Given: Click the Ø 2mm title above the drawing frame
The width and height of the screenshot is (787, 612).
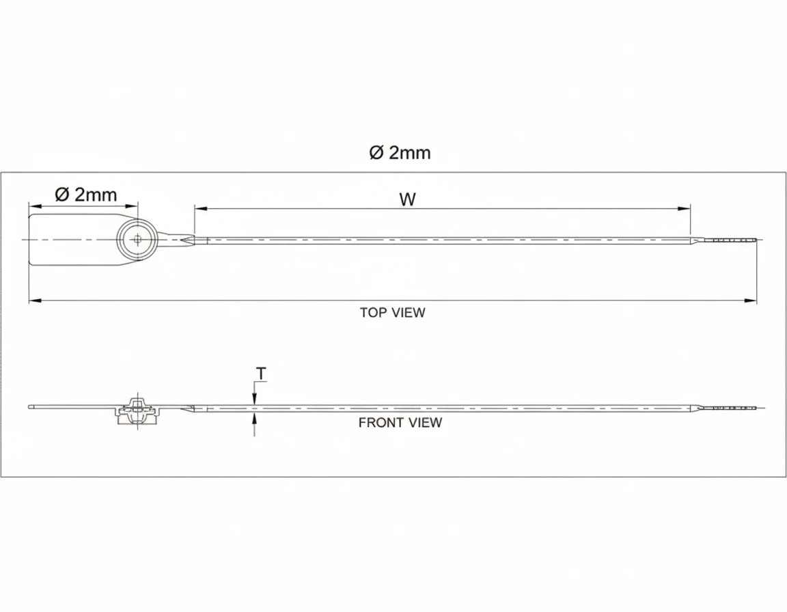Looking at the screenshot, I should coord(400,153).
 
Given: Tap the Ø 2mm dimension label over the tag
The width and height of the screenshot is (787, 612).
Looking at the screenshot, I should coord(86,195).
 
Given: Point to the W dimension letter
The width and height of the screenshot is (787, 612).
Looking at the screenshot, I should coord(408,199).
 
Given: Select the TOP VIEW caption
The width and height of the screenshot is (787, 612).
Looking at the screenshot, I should coord(392,313).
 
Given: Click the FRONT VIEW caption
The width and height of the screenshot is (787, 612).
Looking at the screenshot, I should coord(400,423).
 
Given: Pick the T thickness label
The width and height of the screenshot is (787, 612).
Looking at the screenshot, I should coord(261,373).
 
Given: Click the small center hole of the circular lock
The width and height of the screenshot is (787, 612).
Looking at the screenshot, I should coord(138,239).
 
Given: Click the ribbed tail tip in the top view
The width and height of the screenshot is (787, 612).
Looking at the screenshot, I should coord(735,240).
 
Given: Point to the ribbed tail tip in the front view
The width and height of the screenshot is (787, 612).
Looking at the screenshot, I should coord(735,408).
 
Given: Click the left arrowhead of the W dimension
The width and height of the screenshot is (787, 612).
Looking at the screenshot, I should coord(198,208).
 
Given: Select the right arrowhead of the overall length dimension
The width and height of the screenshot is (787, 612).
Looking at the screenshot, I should coord(753,300).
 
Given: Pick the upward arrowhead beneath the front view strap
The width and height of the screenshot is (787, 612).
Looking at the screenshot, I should coord(254,418).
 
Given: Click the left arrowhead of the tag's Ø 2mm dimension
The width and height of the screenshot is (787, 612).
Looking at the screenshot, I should coord(32,204).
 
